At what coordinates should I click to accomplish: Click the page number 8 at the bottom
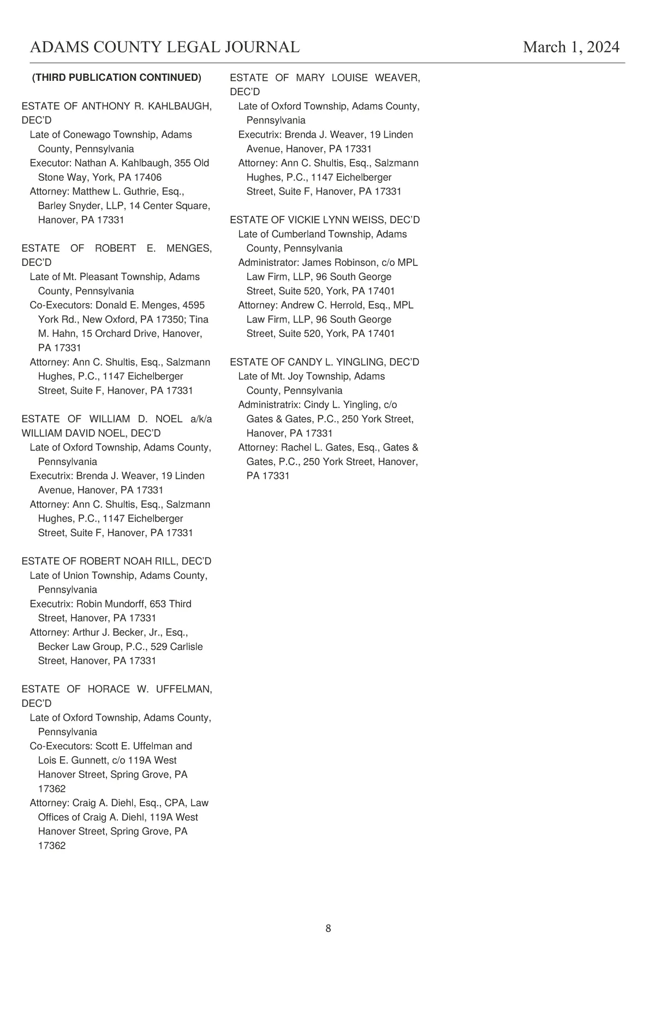pyautogui.click(x=328, y=928)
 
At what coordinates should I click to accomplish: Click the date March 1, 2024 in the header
pyautogui.click(x=571, y=48)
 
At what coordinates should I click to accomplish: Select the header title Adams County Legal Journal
pyautogui.click(x=165, y=48)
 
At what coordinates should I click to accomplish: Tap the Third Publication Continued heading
pyautogui.click(x=117, y=78)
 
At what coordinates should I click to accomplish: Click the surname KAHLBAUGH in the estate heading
pyautogui.click(x=180, y=106)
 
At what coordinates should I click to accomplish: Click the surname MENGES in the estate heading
pyautogui.click(x=189, y=248)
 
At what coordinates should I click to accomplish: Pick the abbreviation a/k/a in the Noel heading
pyautogui.click(x=201, y=419)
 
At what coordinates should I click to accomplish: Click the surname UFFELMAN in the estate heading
pyautogui.click(x=184, y=689)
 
